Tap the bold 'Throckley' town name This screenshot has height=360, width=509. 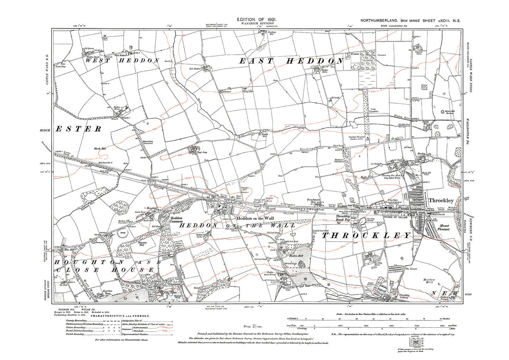pyautogui.click(x=441, y=200)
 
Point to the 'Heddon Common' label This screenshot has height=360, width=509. pyautogui.click(x=176, y=219)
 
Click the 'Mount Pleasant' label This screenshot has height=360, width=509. pyautogui.click(x=444, y=227)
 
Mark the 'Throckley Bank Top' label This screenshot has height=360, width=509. pyautogui.click(x=343, y=218)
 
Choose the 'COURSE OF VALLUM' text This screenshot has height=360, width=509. pyautogui.click(x=395, y=217)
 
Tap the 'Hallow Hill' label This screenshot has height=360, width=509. pyautogui.click(x=429, y=281)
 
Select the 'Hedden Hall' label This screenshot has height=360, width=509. pyautogui.click(x=296, y=256)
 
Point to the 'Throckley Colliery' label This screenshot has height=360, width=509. pyautogui.click(x=404, y=296)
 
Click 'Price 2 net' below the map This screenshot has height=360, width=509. pyautogui.click(x=253, y=327)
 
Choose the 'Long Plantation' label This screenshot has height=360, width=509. pyautogui.click(x=373, y=110)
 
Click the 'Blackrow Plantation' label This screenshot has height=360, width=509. pyautogui.click(x=339, y=161)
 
